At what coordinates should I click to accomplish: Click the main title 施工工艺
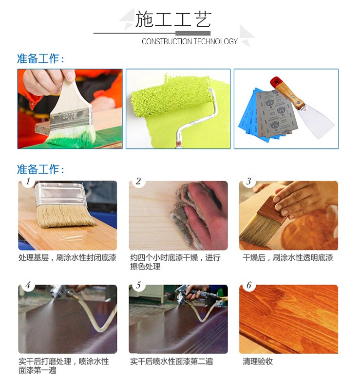[x=173, y=19]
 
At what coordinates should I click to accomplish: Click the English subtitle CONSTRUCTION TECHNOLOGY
[x=189, y=41]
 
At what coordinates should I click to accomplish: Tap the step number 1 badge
[x=28, y=181]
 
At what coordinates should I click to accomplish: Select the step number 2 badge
[x=138, y=181]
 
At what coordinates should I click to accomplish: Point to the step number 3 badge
[x=248, y=181]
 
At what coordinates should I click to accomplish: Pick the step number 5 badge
[x=138, y=285]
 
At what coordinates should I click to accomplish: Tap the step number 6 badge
[x=248, y=285]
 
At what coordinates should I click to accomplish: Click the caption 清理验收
[x=258, y=362]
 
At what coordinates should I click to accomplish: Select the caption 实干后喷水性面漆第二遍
[x=171, y=362]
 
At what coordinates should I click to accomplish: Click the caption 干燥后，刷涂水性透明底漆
[x=288, y=257]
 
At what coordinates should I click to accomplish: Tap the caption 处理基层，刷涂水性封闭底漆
[x=67, y=257]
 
